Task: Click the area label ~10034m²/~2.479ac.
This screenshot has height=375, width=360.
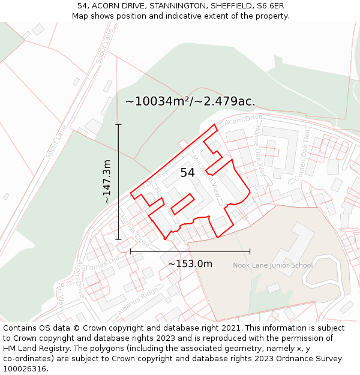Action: [x=190, y=101]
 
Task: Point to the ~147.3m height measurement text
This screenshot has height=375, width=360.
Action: [x=107, y=182]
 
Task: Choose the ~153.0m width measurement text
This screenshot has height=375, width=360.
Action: [x=190, y=264]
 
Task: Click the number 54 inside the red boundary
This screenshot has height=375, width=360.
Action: [x=188, y=173]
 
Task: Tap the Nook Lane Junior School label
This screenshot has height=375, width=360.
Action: [x=272, y=265]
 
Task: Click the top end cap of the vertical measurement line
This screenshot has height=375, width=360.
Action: [x=118, y=124]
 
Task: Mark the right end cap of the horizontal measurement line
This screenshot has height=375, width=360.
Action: [x=250, y=251]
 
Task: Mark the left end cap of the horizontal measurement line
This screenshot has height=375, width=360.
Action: [x=131, y=251]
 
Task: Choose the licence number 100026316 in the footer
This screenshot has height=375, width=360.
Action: [x=24, y=369]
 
